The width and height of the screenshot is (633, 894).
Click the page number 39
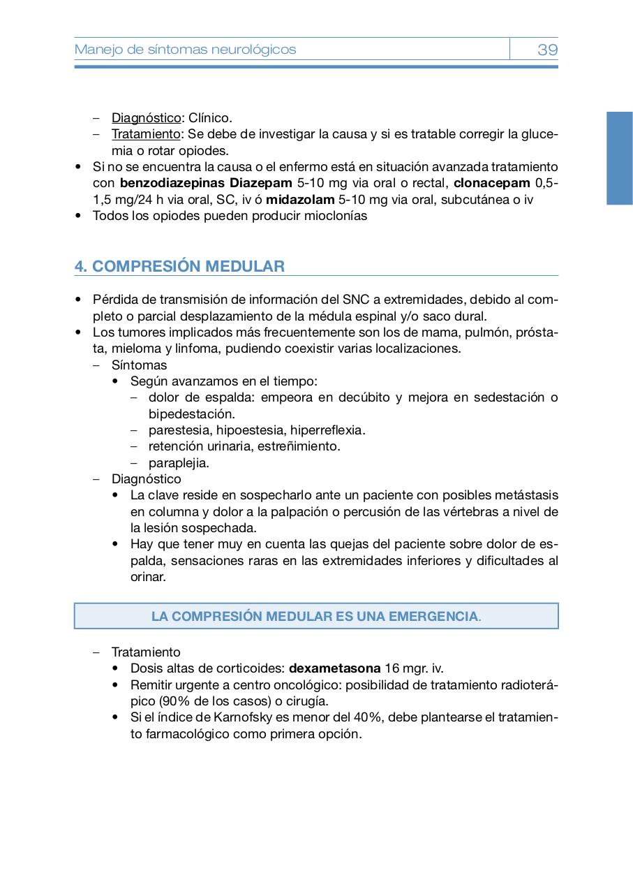pyautogui.click(x=547, y=50)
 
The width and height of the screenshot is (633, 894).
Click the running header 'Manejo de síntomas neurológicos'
pyautogui.click(x=185, y=50)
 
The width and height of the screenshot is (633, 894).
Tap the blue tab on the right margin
pyautogui.click(x=619, y=158)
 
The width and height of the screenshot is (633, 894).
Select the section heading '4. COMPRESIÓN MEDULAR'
pyautogui.click(x=179, y=266)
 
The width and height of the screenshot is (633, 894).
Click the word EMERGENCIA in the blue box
pyautogui.click(x=433, y=617)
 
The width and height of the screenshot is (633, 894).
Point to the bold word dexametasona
pyautogui.click(x=335, y=668)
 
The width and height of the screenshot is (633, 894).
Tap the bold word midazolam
pyautogui.click(x=300, y=200)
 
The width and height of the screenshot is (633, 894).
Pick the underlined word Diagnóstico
pyautogui.click(x=146, y=118)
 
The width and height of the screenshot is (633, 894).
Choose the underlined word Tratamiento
pyautogui.click(x=146, y=134)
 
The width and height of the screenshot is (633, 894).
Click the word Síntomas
pyautogui.click(x=139, y=365)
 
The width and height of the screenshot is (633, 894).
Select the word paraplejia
pyautogui.click(x=179, y=463)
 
